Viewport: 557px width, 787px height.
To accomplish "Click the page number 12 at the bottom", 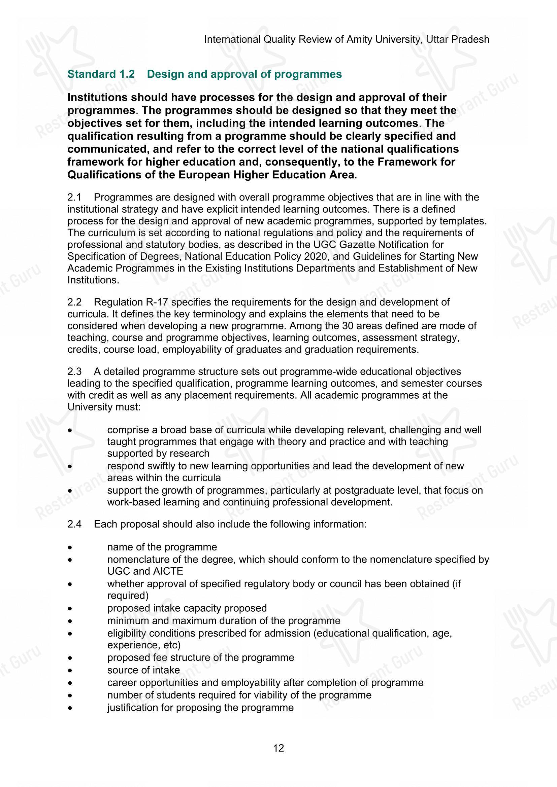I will point(278,748).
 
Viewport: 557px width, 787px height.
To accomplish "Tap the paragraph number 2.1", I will point(74,198).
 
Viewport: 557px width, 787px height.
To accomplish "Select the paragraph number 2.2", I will point(74,302).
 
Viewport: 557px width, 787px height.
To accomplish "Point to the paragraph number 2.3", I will point(74,371).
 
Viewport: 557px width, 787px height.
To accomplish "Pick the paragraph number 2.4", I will point(74,525).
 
